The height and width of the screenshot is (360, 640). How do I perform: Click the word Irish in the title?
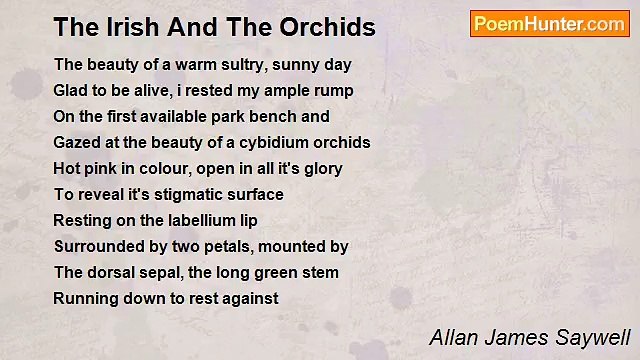121,27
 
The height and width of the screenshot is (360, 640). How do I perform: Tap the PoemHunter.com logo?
549,24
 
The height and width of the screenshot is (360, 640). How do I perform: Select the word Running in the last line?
85,298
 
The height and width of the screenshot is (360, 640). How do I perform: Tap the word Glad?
71,90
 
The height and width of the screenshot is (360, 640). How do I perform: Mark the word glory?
319,168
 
